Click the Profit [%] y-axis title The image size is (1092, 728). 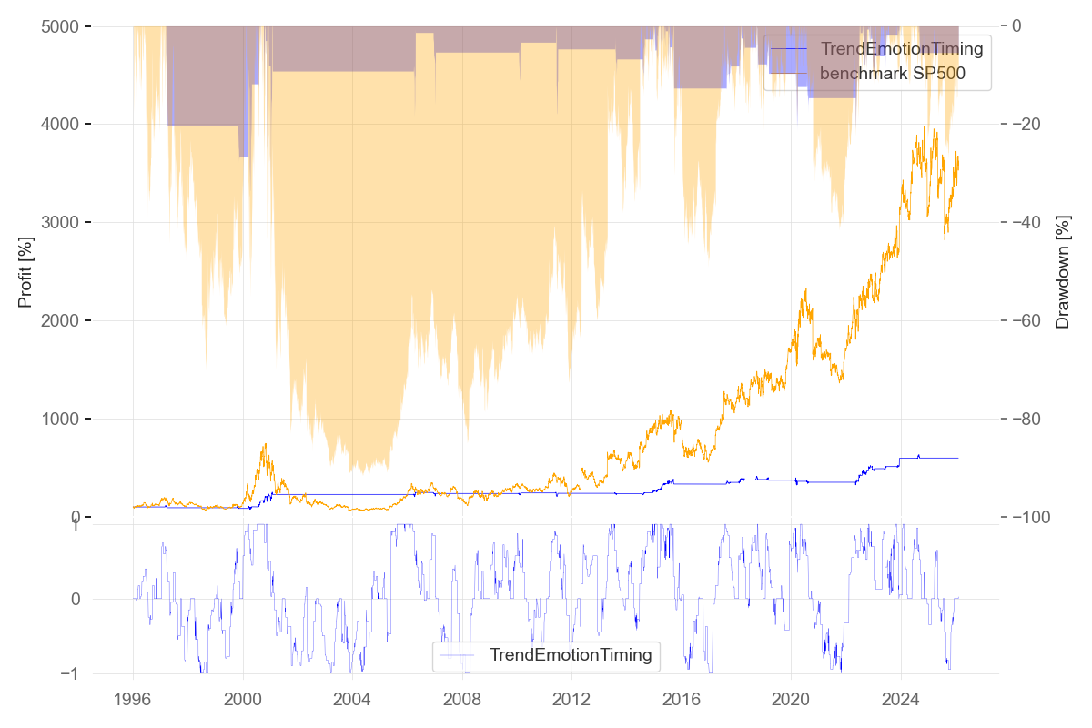[x=25, y=272]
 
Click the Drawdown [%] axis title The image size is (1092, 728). [x=1062, y=272]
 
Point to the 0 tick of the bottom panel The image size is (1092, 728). [x=75, y=599]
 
